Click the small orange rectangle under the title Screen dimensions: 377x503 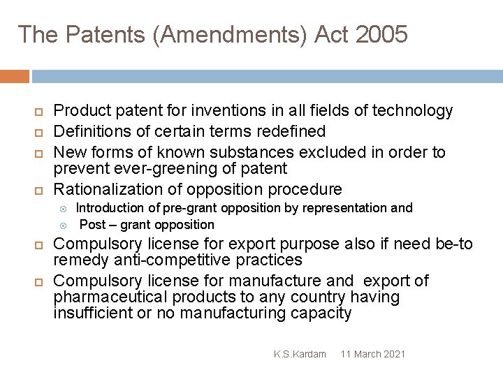14,76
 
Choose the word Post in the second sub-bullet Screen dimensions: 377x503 92,225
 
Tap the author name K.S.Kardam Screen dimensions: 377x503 300,354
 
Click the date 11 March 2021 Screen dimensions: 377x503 373,354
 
